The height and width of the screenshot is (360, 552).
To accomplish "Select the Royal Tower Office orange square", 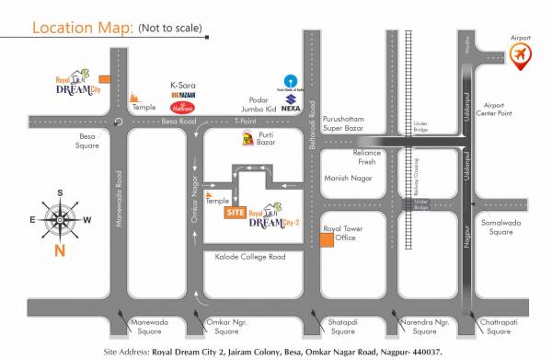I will [327, 238].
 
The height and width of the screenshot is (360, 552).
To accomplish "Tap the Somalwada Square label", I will [500, 226].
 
